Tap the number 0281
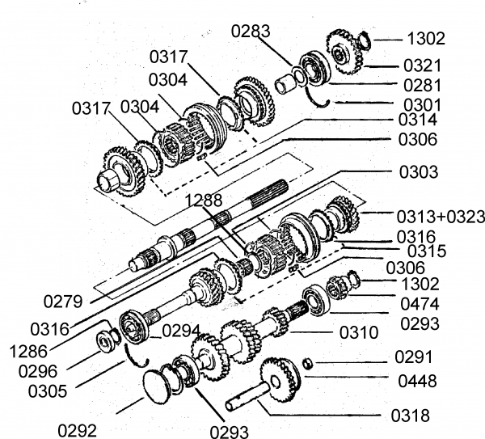tap(424, 86)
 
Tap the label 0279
tap(63, 301)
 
